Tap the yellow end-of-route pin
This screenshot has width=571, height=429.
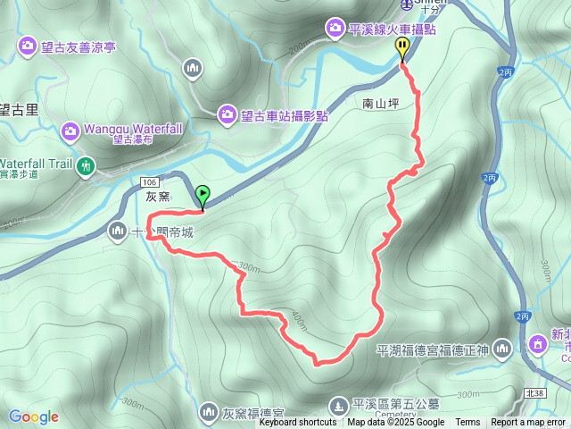403,49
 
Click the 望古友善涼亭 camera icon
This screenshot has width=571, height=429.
28,45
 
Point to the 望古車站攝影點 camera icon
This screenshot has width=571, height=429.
228,114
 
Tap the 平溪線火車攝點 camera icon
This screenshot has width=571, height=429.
336,28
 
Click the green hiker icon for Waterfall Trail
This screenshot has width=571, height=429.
86,165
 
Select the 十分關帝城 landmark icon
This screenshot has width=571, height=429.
117,232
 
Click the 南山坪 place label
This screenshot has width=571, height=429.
382,104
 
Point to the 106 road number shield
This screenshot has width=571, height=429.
148,181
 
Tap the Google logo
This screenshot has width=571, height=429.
34,416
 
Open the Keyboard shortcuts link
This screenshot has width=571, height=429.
298,423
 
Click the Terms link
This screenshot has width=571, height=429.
468,423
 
